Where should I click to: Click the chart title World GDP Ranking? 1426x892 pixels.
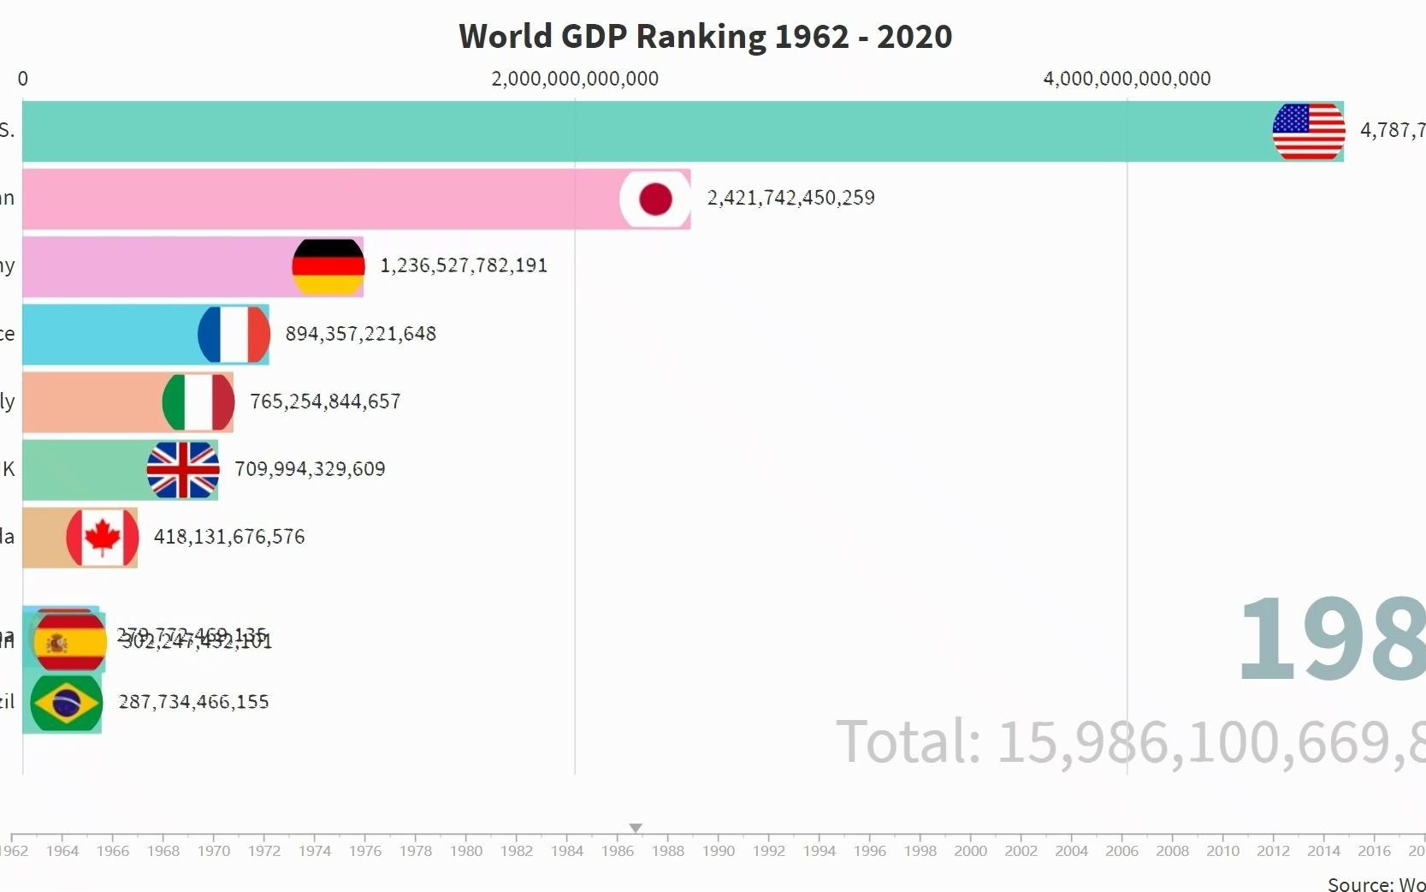click(x=705, y=37)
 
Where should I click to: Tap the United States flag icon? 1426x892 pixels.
click(x=1308, y=131)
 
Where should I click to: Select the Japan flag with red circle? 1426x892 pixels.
click(x=655, y=199)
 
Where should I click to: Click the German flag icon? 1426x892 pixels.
click(x=328, y=266)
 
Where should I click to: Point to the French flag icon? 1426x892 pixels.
click(x=234, y=334)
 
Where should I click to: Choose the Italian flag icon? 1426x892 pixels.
click(x=198, y=401)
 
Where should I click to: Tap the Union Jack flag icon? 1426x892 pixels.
click(x=182, y=469)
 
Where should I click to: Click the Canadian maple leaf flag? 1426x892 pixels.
click(x=102, y=537)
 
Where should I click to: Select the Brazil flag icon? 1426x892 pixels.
click(x=66, y=703)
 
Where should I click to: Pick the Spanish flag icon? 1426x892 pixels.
click(x=68, y=640)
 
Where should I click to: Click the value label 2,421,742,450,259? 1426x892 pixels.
click(x=790, y=198)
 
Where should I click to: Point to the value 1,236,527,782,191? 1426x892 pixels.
click(x=463, y=265)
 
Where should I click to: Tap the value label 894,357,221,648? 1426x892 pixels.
click(x=360, y=333)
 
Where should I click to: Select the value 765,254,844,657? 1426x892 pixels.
click(x=324, y=401)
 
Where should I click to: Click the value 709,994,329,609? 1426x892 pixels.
click(x=310, y=468)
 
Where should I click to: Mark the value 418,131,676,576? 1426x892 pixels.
click(x=228, y=537)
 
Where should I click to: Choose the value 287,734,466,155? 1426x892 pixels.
click(x=193, y=702)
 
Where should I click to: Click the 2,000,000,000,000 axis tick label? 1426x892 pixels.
click(x=575, y=79)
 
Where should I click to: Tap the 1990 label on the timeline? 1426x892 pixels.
click(x=719, y=851)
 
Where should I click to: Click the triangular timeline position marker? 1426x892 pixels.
click(x=636, y=828)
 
